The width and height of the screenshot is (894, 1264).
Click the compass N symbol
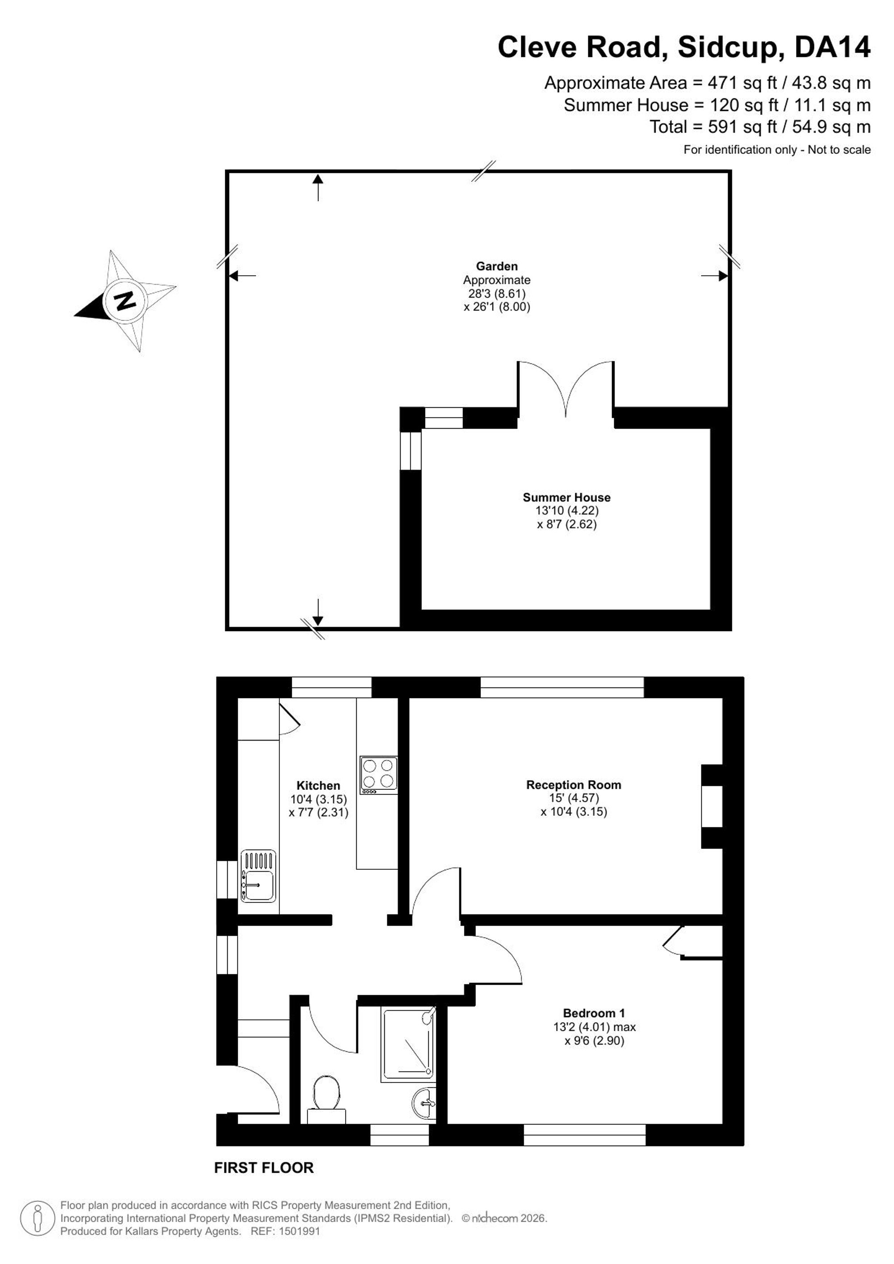126,301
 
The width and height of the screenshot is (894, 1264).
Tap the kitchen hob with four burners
379,775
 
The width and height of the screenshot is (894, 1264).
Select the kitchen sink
258,876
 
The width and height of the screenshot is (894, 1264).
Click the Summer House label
566,497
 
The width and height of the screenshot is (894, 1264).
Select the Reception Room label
574,785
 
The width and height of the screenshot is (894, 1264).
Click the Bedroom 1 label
594,1013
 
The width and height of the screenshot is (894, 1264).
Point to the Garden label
497,266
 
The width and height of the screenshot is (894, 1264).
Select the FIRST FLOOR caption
264,1167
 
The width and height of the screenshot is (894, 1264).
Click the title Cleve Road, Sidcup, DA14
684,47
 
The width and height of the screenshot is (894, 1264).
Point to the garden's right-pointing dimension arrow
715,276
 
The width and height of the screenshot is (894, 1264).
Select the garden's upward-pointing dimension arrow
318,187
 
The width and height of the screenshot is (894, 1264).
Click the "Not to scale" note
839,150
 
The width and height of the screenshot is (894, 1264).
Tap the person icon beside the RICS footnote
38,1218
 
